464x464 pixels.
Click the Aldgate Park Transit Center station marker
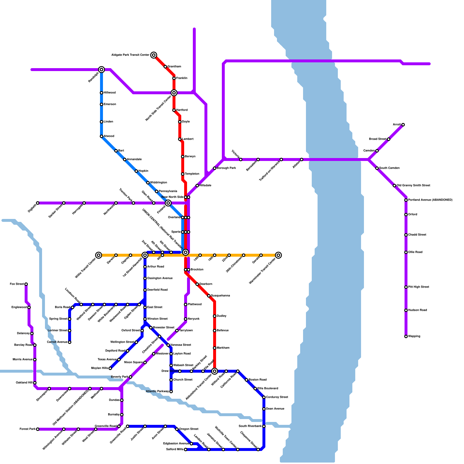154,55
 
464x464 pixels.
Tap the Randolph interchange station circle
101,70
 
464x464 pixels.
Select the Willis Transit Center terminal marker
99,255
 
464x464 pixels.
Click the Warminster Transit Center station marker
278,255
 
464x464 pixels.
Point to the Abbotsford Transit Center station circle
215,371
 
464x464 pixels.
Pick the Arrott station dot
403,125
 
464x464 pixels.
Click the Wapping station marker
406,336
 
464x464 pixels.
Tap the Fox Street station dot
26,284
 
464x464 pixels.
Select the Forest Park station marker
38,429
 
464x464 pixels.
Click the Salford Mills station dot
186,449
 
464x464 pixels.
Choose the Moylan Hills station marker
110,368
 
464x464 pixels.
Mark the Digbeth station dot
38,203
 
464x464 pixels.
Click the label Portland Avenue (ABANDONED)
430,200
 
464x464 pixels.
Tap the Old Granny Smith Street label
413,186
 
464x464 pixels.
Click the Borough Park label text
226,168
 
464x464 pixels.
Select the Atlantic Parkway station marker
171,391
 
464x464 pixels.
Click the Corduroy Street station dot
264,397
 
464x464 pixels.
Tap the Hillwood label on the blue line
110,93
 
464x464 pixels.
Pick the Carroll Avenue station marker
70,342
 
